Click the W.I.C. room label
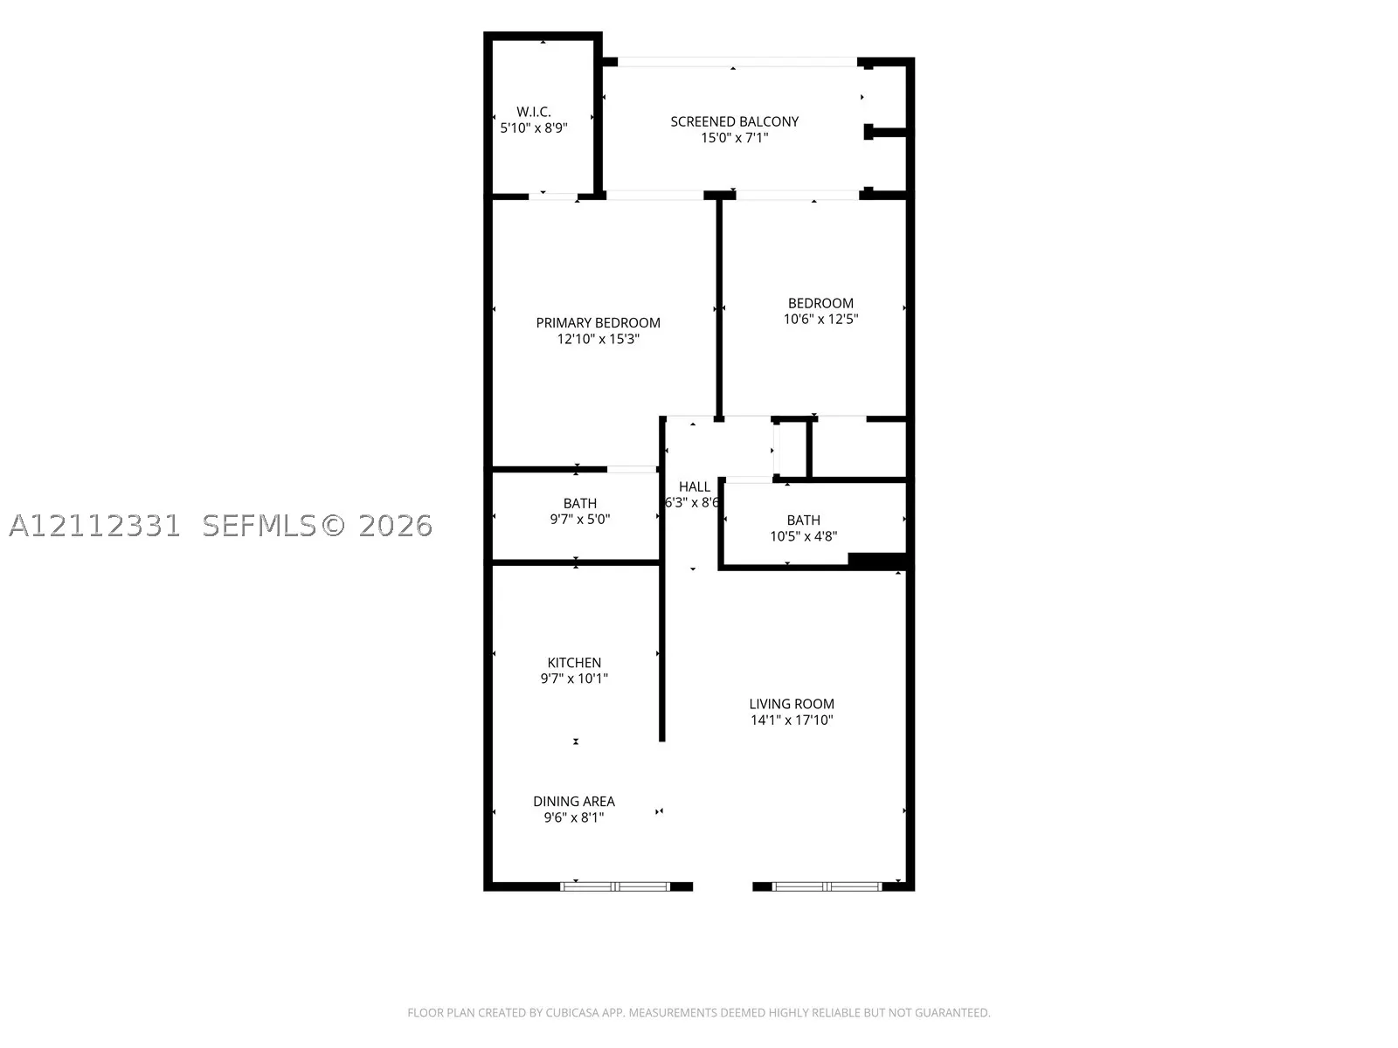(x=533, y=112)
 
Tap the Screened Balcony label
(x=734, y=121)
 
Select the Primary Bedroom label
(x=598, y=322)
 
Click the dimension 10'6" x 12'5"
(x=820, y=319)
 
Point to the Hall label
(x=695, y=486)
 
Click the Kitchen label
(x=574, y=662)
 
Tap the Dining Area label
(x=574, y=801)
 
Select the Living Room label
(x=791, y=704)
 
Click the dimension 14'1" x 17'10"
(x=791, y=720)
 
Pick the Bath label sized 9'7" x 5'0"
(x=579, y=503)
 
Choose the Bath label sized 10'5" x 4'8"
(x=803, y=520)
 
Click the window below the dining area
(x=615, y=886)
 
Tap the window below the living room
(x=827, y=886)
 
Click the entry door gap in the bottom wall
(x=723, y=886)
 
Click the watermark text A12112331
(x=95, y=526)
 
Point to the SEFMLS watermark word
(x=260, y=526)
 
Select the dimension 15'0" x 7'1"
(x=734, y=137)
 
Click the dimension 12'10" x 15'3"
(x=598, y=339)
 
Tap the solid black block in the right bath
(x=877, y=561)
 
